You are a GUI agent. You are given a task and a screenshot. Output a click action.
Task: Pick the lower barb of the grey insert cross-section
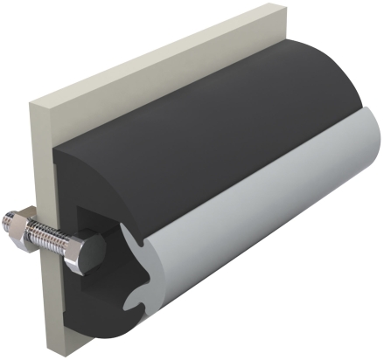tap(134, 306)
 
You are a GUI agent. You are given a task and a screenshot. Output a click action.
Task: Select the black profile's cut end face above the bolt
tap(87, 175)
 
